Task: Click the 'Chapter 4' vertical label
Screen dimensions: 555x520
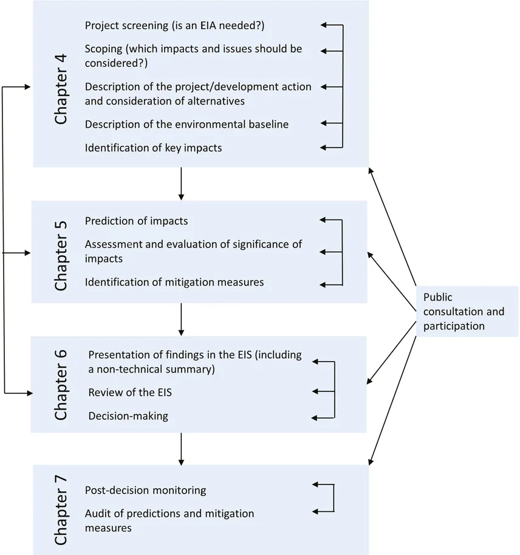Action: (x=61, y=89)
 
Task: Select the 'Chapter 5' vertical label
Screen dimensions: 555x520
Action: (x=61, y=252)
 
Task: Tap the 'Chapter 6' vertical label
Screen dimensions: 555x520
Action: (x=61, y=384)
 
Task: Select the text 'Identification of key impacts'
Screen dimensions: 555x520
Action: (x=153, y=148)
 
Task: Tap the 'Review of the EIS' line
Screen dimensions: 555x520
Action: (x=130, y=393)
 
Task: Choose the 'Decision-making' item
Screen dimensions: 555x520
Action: (x=128, y=416)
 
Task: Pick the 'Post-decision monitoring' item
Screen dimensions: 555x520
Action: (x=146, y=490)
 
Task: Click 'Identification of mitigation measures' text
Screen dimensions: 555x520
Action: (x=174, y=282)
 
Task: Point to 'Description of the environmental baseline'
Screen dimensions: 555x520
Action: (x=186, y=124)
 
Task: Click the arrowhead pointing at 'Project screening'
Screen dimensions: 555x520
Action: (x=324, y=26)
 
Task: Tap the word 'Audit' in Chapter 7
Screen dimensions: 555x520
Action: (x=98, y=514)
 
